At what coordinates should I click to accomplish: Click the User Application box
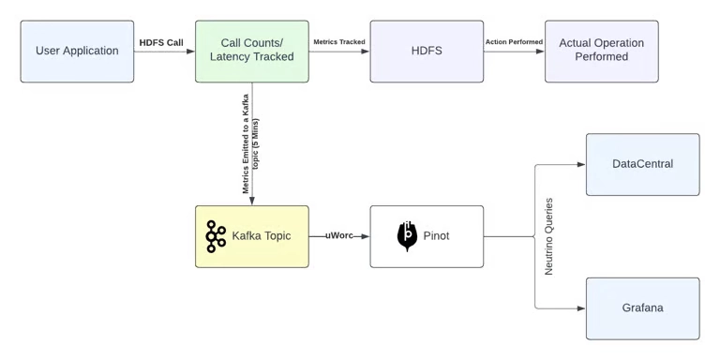click(77, 51)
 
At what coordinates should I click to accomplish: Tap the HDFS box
click(427, 51)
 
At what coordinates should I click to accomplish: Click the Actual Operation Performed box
click(601, 51)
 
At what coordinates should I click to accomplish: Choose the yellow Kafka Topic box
click(251, 236)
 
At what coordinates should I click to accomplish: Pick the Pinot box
click(427, 236)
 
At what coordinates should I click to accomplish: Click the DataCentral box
click(642, 164)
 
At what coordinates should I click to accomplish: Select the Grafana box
click(642, 307)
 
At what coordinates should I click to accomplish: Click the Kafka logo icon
click(216, 236)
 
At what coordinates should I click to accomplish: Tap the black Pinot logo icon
click(407, 235)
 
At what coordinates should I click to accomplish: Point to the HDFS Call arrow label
click(161, 42)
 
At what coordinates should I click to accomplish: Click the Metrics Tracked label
click(338, 42)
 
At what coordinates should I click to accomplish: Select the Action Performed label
click(514, 42)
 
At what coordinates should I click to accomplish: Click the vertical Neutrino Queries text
click(549, 236)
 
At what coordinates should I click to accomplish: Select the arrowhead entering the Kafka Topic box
click(251, 201)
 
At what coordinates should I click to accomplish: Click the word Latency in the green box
click(232, 57)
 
